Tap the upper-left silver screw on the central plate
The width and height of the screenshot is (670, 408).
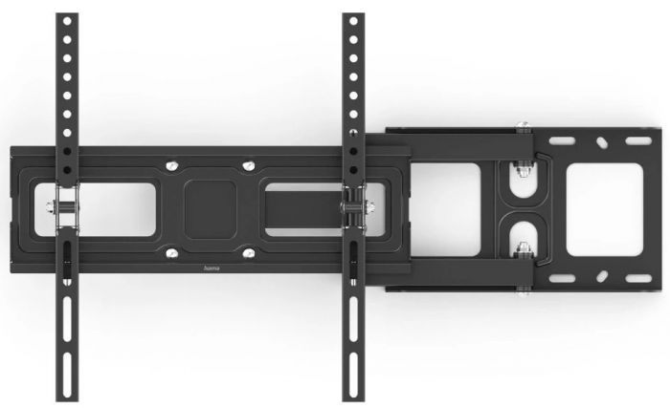[172, 163]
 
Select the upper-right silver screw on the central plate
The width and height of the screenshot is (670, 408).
[248, 164]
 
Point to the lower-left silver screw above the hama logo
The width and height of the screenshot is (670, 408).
[172, 253]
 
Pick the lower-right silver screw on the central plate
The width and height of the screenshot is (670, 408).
[248, 253]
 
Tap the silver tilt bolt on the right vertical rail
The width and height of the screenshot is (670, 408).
[353, 204]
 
